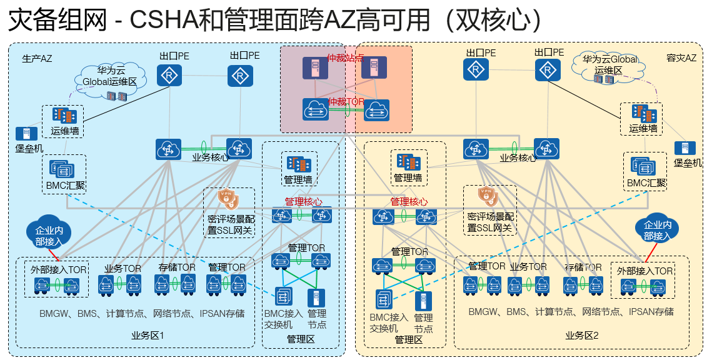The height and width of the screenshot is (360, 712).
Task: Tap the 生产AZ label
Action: (37, 59)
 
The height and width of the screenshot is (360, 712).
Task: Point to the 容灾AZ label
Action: (681, 58)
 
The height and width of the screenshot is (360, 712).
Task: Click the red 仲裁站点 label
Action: (346, 57)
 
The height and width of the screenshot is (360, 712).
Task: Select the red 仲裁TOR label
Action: (346, 101)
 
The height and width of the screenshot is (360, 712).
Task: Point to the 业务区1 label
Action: (148, 336)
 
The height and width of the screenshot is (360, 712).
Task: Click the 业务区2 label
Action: (582, 336)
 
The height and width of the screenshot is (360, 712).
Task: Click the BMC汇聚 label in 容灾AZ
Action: (646, 184)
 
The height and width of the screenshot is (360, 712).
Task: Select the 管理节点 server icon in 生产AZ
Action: (316, 297)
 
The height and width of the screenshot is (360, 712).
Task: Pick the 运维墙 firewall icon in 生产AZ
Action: (65, 116)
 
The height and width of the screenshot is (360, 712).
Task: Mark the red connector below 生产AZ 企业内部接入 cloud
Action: (53, 252)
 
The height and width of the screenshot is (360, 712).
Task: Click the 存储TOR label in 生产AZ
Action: (177, 267)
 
